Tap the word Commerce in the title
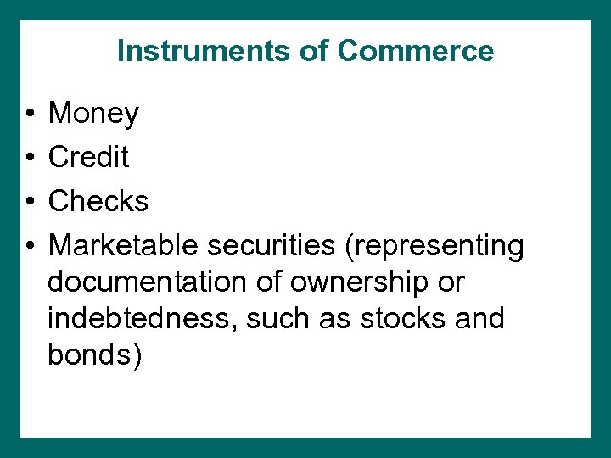tap(415, 51)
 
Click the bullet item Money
tap(93, 114)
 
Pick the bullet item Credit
tap(88, 157)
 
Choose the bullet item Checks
tap(98, 201)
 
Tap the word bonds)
tap(95, 355)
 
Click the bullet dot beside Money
tap(29, 114)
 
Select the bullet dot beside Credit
tap(29, 158)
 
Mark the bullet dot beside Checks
tap(29, 202)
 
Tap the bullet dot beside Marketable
tap(29, 246)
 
